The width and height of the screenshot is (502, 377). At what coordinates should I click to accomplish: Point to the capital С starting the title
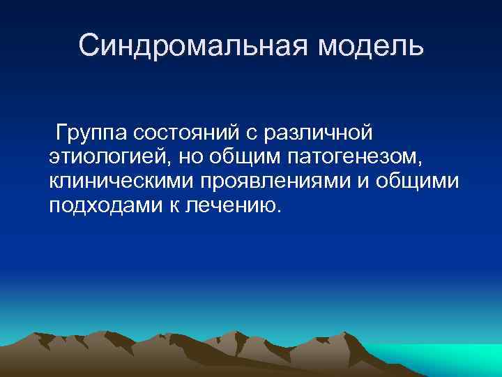(89, 46)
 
